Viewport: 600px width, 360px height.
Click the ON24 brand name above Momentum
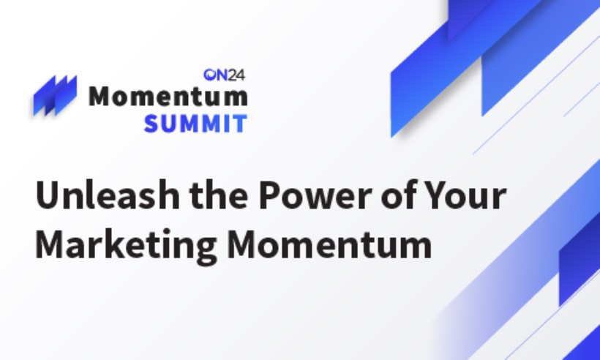225,74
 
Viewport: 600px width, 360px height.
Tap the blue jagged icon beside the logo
55,95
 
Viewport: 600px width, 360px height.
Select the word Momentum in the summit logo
168,97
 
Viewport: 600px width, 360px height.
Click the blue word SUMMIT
195,123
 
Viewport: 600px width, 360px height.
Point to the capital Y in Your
428,197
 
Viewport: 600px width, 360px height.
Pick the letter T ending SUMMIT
239,123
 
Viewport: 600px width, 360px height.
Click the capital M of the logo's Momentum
102,97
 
